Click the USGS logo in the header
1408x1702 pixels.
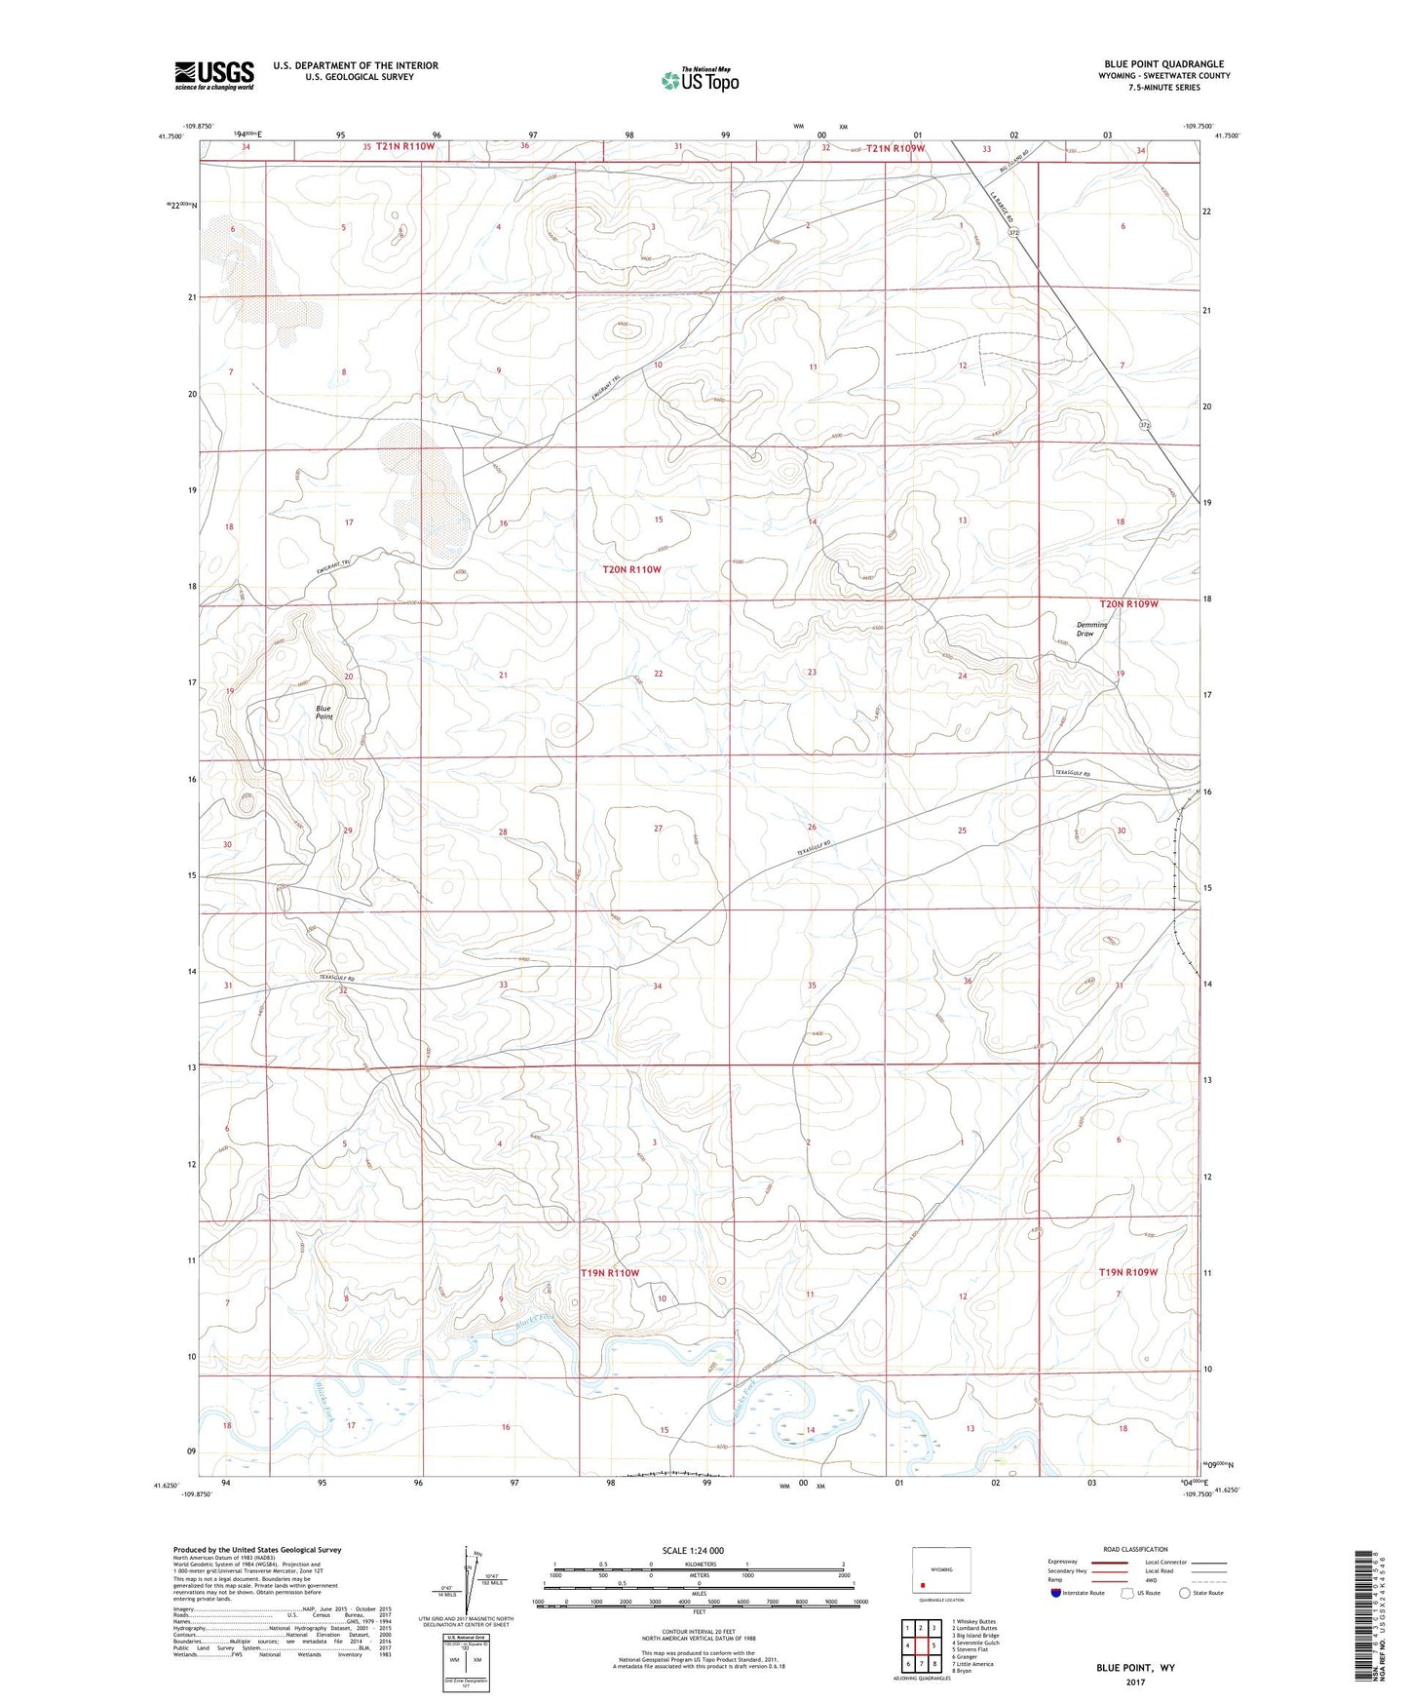click(213, 75)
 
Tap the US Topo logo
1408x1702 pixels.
click(699, 80)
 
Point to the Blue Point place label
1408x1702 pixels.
click(323, 713)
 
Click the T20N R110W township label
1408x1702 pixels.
click(631, 568)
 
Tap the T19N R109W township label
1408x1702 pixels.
click(1128, 1272)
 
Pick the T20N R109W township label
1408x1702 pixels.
click(1130, 603)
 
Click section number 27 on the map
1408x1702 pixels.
click(658, 828)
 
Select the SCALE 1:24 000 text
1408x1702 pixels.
click(693, 1550)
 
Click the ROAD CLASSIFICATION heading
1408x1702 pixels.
click(1136, 1549)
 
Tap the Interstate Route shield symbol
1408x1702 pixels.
click(1056, 1593)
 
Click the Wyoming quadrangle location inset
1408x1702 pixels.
click(940, 1570)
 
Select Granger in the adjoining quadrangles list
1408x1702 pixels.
click(968, 1656)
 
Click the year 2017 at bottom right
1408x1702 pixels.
click(1135, 1682)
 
